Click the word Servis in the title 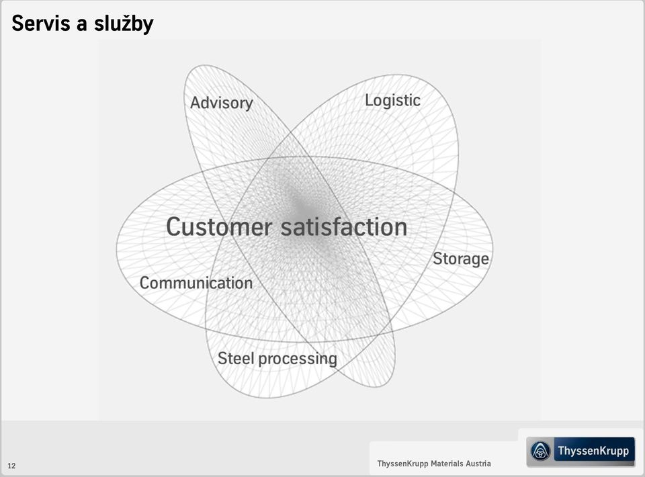[41, 23]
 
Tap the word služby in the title [124, 24]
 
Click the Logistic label [393, 101]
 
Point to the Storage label [461, 259]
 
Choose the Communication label [196, 283]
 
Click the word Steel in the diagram [236, 358]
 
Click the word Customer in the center [219, 226]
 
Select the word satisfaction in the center [344, 226]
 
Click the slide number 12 [11, 466]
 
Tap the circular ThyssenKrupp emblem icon [540, 451]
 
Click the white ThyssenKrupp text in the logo [593, 451]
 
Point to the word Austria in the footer [478, 464]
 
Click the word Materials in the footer [447, 464]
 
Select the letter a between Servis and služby [82, 26]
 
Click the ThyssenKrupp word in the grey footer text [402, 464]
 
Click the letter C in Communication [145, 284]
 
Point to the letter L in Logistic [369, 100]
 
